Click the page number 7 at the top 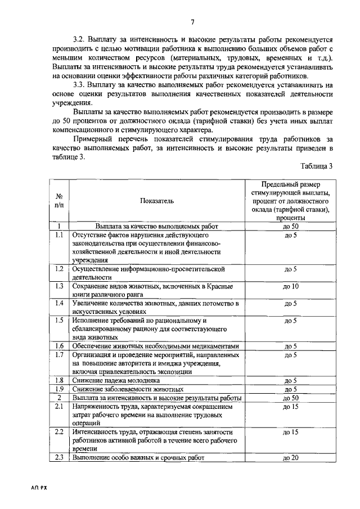coord(192,22)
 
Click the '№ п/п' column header coord(59,200)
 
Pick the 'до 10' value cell coord(291,287)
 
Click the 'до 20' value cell coord(291,458)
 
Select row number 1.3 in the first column coord(58,287)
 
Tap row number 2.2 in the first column coord(58,432)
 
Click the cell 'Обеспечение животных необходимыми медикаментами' coord(156,346)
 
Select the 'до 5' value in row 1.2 coord(291,269)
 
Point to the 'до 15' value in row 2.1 coord(291,407)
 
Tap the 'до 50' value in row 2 coord(291,398)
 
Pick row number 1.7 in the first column coord(58,355)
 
